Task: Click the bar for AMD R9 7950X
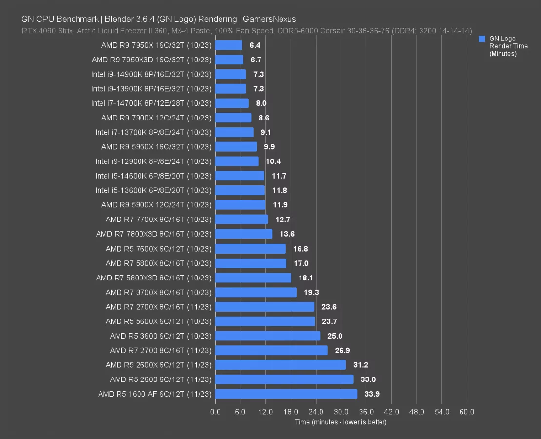(x=228, y=45)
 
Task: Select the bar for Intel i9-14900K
(x=230, y=74)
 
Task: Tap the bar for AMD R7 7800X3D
(x=243, y=234)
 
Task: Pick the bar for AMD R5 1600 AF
(x=286, y=394)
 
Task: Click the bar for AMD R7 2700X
(x=264, y=307)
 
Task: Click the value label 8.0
(x=261, y=103)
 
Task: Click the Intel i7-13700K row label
(x=153, y=132)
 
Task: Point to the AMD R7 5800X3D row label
(x=154, y=278)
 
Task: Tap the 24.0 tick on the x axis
(x=316, y=412)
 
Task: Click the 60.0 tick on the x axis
(x=467, y=412)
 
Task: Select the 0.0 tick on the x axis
(x=215, y=412)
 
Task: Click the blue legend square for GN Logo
(x=482, y=39)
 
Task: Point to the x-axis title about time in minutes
(x=341, y=422)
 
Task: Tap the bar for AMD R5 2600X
(x=281, y=365)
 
